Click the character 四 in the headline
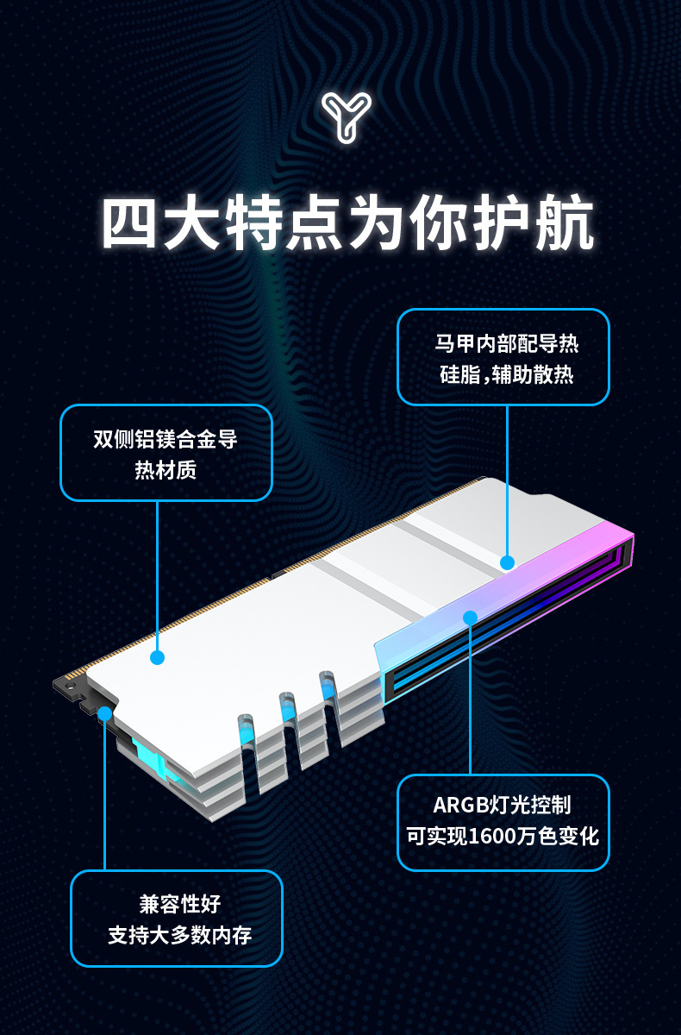[132, 226]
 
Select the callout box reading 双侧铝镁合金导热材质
[166, 453]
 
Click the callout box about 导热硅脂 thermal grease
[503, 357]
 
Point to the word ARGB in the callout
[459, 806]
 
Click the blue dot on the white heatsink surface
[157, 657]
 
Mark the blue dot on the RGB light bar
[470, 618]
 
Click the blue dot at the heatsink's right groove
[507, 562]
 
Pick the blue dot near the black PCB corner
[104, 713]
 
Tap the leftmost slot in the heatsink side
[247, 746]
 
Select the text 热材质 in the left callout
[166, 470]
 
